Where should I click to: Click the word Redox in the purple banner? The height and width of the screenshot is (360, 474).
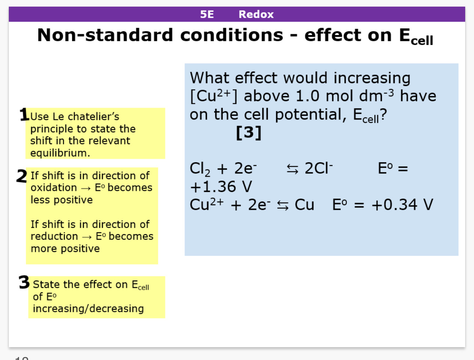tap(256, 14)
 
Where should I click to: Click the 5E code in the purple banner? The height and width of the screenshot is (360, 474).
tap(207, 14)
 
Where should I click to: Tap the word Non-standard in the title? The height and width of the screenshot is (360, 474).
tap(105, 35)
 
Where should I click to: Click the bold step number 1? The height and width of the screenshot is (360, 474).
tap(24, 114)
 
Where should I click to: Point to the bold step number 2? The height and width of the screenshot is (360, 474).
tap(22, 176)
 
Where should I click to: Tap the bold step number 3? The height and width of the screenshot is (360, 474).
tap(24, 282)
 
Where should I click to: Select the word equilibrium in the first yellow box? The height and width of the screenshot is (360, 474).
tap(59, 153)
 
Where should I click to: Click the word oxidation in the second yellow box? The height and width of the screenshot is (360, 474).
tap(54, 188)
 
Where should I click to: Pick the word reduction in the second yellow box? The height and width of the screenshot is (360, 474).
tap(54, 236)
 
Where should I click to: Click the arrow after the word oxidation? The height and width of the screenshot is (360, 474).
tap(86, 188)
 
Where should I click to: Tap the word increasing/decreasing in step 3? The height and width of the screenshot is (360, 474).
tap(88, 309)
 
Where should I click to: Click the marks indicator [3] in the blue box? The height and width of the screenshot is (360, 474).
tap(249, 132)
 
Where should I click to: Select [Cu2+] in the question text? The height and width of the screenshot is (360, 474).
tap(213, 96)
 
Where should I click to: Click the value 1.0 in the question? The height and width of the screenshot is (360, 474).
tap(307, 96)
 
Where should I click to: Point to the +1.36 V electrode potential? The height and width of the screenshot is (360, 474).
tap(221, 187)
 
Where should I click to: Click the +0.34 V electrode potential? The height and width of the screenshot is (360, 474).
tap(402, 205)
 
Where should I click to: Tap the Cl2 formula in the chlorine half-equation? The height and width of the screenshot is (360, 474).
tap(200, 169)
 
